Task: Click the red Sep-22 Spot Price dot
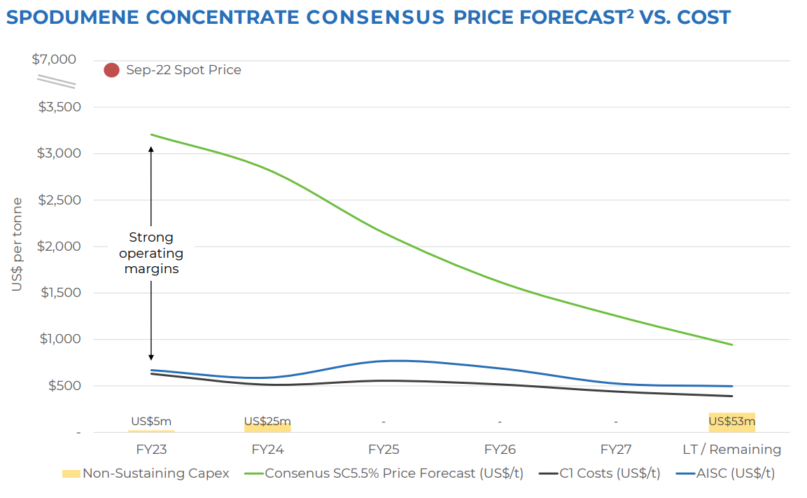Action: tap(111, 70)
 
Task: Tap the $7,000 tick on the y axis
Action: tap(54, 60)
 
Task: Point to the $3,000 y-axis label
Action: tap(59, 153)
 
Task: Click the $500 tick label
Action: tap(63, 386)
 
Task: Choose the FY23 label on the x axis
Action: tap(151, 449)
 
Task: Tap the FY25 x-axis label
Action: tap(384, 449)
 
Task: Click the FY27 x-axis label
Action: tap(616, 449)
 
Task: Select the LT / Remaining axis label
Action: tap(732, 449)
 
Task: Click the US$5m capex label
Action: tap(151, 422)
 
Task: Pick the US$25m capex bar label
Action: tap(267, 422)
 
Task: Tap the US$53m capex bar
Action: tap(732, 422)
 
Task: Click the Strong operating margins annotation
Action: tap(151, 253)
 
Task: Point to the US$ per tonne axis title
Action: tap(17, 244)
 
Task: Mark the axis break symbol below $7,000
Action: tap(56, 81)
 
